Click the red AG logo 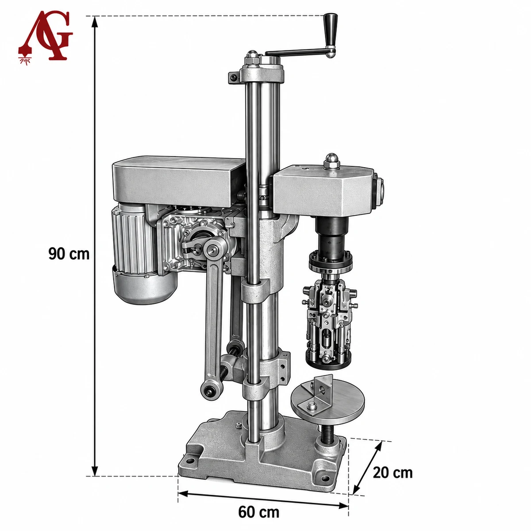46,37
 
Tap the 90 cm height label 69,254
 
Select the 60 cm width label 258,504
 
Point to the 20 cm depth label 392,473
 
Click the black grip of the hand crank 331,31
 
